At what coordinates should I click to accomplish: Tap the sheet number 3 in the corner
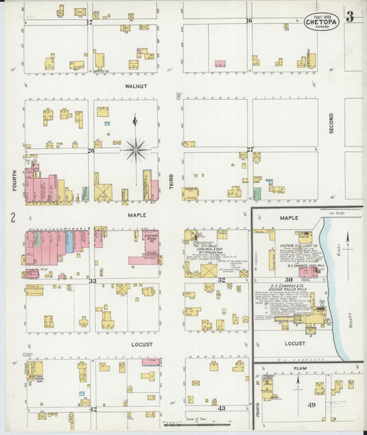(350, 17)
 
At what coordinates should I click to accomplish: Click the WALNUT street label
(136, 87)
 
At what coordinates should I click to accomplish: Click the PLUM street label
(300, 369)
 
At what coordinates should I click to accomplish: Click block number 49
(311, 405)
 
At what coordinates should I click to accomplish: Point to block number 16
(249, 21)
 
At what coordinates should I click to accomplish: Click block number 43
(221, 408)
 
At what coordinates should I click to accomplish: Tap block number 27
(250, 149)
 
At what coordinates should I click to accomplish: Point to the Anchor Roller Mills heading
(295, 289)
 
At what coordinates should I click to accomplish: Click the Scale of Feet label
(197, 418)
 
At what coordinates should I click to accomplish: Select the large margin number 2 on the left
(12, 218)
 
